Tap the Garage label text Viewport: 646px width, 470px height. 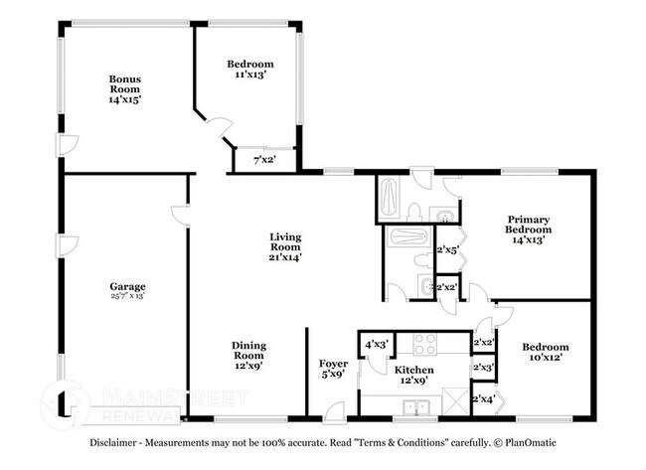127,291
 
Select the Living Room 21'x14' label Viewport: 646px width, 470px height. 285,246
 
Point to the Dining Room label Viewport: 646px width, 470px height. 249,355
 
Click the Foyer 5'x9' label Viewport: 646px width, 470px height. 332,370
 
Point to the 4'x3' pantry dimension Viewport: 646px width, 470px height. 377,345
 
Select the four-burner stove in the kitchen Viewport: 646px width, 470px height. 425,344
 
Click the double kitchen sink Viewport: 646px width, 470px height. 415,406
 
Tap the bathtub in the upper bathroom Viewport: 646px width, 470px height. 389,200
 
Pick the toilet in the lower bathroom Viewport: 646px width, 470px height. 426,287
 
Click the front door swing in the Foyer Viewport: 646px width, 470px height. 335,409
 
